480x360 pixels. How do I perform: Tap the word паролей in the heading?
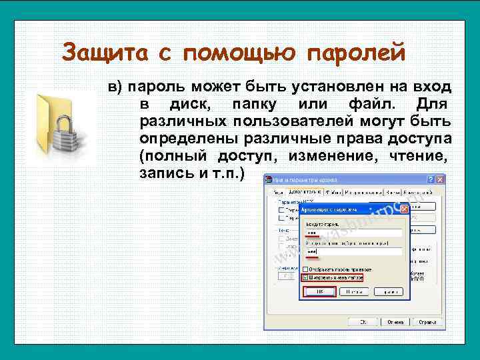[358, 51]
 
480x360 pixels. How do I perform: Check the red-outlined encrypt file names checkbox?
[306, 277]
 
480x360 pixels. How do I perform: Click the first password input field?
[353, 233]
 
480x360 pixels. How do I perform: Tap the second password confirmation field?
[353, 252]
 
